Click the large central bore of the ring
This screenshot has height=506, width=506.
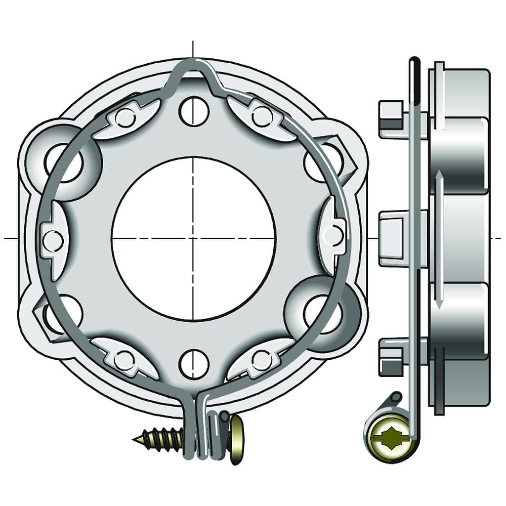(x=193, y=239)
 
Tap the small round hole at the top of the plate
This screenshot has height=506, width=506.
(x=194, y=112)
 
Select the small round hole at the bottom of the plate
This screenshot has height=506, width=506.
(x=194, y=364)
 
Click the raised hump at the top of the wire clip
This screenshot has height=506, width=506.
(x=192, y=70)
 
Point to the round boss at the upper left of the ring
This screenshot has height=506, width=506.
(x=63, y=161)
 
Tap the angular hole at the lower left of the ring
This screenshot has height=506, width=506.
(x=55, y=316)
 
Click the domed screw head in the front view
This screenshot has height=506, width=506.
(x=237, y=439)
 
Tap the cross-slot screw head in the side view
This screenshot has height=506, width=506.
(x=388, y=437)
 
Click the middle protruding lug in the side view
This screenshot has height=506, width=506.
(x=394, y=239)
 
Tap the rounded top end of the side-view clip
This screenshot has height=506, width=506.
(x=414, y=64)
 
